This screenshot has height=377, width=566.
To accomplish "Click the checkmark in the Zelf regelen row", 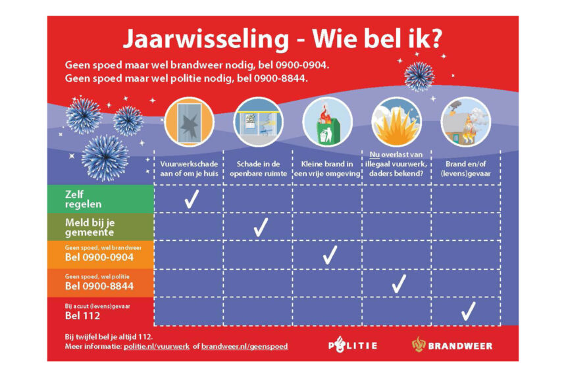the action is (x=192, y=199).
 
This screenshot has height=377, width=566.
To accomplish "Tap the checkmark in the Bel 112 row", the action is (x=468, y=312).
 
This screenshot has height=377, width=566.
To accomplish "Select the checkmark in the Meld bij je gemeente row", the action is (x=261, y=227).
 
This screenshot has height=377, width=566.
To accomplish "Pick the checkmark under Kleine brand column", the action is (x=330, y=255).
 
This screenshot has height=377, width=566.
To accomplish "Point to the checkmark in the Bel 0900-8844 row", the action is (x=399, y=284).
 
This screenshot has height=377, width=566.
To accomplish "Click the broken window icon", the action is (x=189, y=122).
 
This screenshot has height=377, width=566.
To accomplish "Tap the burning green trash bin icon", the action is (x=327, y=122).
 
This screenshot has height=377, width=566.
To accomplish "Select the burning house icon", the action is (x=466, y=122).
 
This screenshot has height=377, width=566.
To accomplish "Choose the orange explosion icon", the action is (x=396, y=122).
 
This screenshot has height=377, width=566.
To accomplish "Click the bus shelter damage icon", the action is (x=258, y=122).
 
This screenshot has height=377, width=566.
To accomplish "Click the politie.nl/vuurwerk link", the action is (x=156, y=346).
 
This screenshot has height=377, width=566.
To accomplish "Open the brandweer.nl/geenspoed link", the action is (x=244, y=346).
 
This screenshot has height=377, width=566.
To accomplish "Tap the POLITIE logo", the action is (x=353, y=345).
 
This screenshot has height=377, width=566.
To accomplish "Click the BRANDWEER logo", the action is (x=452, y=345).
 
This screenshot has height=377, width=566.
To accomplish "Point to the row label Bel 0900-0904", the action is (x=99, y=257).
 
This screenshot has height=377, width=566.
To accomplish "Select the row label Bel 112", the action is (x=82, y=316).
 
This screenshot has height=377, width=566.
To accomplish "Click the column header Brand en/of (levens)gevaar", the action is (x=466, y=168).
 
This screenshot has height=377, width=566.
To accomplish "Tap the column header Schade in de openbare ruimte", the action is (x=258, y=168).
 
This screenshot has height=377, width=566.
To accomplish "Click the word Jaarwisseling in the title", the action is (x=206, y=39).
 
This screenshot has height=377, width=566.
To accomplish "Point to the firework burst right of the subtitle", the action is (x=419, y=76).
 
